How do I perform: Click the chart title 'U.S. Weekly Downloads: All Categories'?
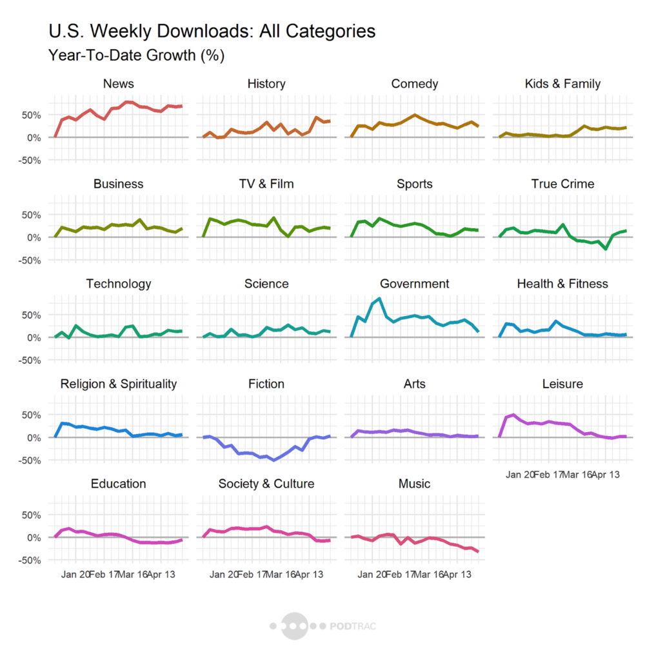pos(212,31)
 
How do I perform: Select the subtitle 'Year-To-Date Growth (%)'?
pos(136,56)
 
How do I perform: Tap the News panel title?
pos(118,84)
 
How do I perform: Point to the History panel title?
pos(266,84)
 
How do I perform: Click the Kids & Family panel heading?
pos(563,84)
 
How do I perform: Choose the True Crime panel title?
pos(563,184)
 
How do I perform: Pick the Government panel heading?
pos(415,284)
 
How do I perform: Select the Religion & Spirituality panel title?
pos(118,384)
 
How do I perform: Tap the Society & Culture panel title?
pos(266,484)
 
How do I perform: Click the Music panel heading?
pos(415,484)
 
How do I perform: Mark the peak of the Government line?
pos(379,299)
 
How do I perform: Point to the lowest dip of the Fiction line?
pos(273,460)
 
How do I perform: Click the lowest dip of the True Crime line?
pos(606,249)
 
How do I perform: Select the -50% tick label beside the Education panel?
pos(30,561)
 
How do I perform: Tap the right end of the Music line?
pos(478,551)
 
